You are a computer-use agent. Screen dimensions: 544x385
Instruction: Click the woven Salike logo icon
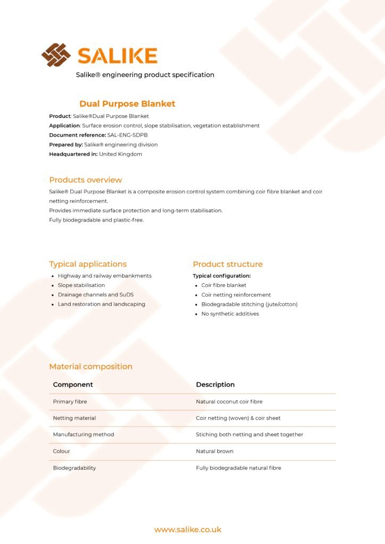[56, 55]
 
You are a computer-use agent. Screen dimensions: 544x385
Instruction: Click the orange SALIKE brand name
[118, 56]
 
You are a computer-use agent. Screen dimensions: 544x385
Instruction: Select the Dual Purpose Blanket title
[127, 104]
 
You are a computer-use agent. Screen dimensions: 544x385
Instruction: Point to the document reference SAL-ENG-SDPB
[128, 135]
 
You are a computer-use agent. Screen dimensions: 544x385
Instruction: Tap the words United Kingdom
[121, 154]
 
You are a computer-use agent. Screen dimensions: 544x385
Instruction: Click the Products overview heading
[86, 180]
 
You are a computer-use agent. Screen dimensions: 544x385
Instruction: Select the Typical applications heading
[88, 264]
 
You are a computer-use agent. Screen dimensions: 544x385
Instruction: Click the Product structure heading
[228, 264]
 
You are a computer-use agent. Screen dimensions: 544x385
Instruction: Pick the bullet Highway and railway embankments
[105, 276]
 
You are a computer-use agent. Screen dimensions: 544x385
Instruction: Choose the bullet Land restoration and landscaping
[102, 304]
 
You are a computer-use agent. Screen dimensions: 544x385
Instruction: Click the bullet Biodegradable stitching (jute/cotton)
[249, 304]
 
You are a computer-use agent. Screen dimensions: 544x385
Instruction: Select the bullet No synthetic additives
[230, 314]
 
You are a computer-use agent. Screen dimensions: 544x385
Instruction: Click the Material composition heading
[91, 367]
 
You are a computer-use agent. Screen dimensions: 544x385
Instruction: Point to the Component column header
[73, 385]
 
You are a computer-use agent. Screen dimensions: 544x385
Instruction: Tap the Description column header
[215, 385]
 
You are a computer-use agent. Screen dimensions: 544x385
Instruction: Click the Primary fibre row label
[70, 402]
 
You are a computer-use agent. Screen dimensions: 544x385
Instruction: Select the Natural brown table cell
[215, 451]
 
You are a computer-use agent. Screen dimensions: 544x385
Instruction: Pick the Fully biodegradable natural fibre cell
[239, 468]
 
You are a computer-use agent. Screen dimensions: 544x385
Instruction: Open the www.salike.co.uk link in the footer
[188, 530]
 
